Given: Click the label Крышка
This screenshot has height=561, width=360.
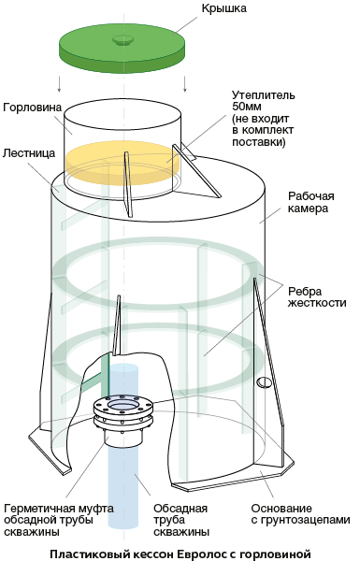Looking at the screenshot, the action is [x=224, y=8].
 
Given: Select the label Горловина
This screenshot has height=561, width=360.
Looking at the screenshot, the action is [x=32, y=107].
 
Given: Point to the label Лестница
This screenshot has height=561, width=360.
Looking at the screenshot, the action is [x=29, y=153].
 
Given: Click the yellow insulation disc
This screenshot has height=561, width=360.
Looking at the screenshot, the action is [x=123, y=160].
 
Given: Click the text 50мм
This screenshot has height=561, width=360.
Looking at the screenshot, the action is [x=247, y=107].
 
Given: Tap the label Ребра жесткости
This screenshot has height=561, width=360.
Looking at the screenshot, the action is [x=317, y=296].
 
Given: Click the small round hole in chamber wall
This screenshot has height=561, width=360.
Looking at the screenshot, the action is [x=264, y=382].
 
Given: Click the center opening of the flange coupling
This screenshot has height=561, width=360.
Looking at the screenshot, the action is [x=123, y=406].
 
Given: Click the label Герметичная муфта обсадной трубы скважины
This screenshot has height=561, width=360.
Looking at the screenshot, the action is [x=59, y=520].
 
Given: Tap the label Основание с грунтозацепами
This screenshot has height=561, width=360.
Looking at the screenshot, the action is [x=300, y=513].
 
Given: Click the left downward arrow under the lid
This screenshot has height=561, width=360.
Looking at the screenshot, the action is [x=60, y=83].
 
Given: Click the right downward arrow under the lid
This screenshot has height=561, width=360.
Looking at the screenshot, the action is [x=185, y=83].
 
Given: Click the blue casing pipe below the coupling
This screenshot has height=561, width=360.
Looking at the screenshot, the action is [x=123, y=486].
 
